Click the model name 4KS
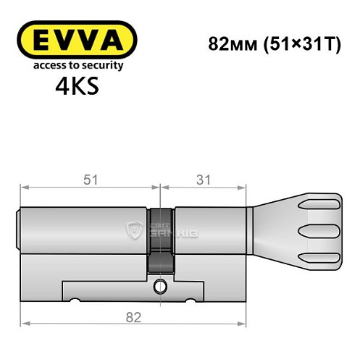(75, 86)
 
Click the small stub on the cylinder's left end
(19, 229)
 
